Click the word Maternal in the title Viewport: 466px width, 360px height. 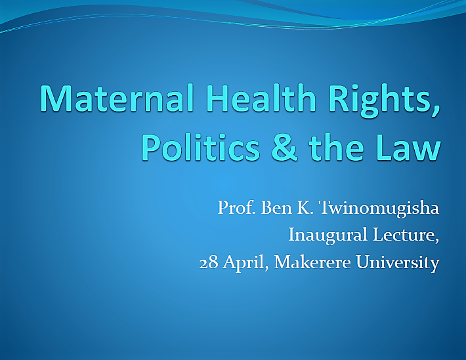tap(117, 98)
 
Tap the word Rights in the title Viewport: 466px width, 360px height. tap(381, 100)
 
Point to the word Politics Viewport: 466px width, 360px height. tap(201, 147)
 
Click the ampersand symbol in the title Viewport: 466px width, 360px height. tap(284, 148)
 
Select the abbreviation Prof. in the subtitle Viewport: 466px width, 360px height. tap(236, 207)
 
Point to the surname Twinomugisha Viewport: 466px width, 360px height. tap(379, 209)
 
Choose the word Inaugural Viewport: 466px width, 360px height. tap(328, 235)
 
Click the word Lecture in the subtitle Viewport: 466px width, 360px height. tap(403, 235)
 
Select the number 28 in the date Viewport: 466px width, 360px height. tap(209, 262)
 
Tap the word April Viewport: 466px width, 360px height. tap(244, 264)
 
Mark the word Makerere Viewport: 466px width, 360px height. tap(312, 262)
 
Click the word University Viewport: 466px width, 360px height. tap(398, 264)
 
